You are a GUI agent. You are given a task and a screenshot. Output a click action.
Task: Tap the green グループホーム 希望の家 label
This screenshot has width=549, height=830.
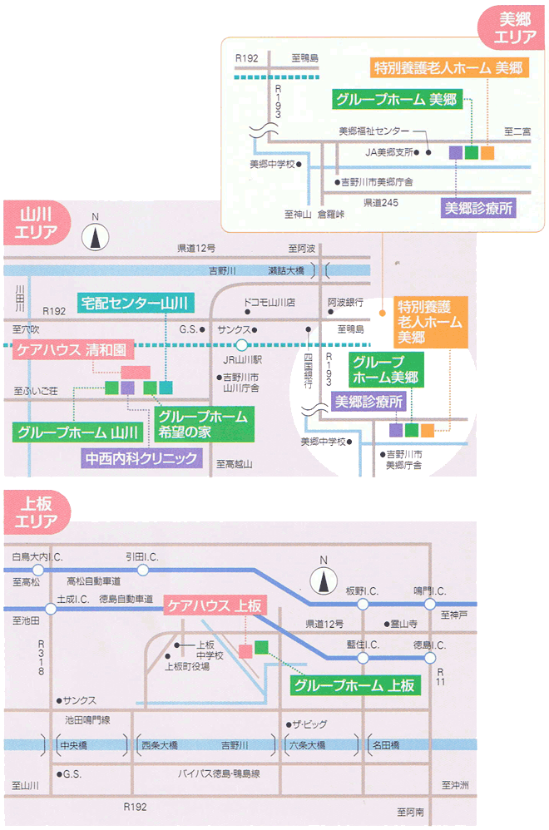click(x=202, y=423)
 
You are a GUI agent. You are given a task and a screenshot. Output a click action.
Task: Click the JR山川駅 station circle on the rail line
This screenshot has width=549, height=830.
click(x=241, y=344)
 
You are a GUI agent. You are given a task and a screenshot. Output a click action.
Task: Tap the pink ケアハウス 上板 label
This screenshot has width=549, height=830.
click(x=213, y=605)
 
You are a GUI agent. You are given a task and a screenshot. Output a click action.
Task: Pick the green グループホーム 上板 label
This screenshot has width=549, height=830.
click(x=354, y=686)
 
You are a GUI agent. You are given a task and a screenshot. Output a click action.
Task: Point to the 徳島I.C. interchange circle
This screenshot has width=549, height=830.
click(x=429, y=658)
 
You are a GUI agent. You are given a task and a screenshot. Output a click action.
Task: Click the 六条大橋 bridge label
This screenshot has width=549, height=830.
click(x=308, y=744)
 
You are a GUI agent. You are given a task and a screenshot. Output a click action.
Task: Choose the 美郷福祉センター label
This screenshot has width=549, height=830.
click(x=374, y=131)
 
